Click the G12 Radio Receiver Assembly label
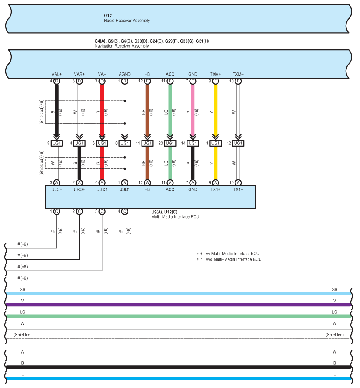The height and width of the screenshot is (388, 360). (x=127, y=18)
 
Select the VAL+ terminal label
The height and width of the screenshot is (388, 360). (x=56, y=74)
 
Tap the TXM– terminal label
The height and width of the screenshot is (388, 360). (x=238, y=74)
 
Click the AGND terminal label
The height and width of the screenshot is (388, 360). (x=125, y=74)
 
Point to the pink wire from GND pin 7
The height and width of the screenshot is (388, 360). (x=193, y=110)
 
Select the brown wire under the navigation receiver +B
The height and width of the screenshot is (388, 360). (x=147, y=110)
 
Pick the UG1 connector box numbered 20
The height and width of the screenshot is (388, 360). (x=170, y=143)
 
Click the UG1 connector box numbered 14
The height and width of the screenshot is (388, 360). (x=193, y=143)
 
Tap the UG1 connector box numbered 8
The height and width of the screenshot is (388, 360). (x=125, y=143)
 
